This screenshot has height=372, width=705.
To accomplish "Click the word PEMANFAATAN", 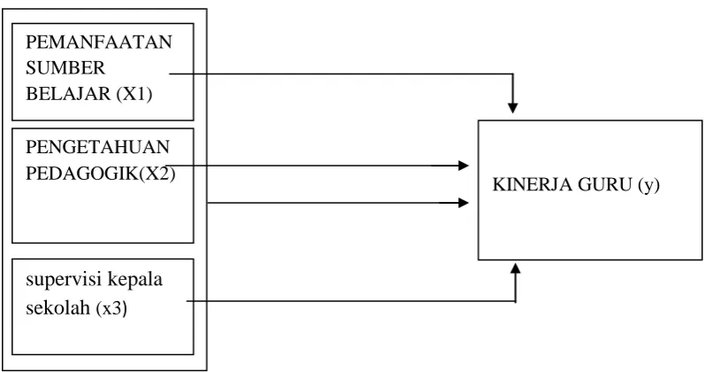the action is pos(99,42).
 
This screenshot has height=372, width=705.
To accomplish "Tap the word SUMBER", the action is pos(65,68).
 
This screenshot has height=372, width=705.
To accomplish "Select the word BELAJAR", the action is pos(68,94).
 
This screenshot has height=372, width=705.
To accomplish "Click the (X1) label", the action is pos(134,95).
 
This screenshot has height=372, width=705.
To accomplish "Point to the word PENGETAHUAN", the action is pos(97,147).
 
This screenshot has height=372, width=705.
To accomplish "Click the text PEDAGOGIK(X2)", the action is pos(100,174).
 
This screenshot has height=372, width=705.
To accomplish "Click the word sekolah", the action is pos(58,308).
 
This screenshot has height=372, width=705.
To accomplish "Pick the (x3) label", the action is pos(111,308).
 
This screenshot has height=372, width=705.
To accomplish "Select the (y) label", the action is pos(648,185).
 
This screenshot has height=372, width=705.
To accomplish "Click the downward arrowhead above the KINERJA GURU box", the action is pos(512,108).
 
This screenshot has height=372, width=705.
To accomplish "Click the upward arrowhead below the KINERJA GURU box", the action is pos(516,268).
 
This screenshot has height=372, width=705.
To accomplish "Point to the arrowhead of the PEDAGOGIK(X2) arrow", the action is pos(464,166).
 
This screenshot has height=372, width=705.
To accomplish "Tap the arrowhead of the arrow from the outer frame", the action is pos(464,203).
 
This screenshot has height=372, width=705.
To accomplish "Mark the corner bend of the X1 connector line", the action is pos(512,74).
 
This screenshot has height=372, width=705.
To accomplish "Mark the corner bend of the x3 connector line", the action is pos(516,301).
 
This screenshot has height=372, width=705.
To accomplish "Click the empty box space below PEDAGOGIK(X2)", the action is pos(103,212).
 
